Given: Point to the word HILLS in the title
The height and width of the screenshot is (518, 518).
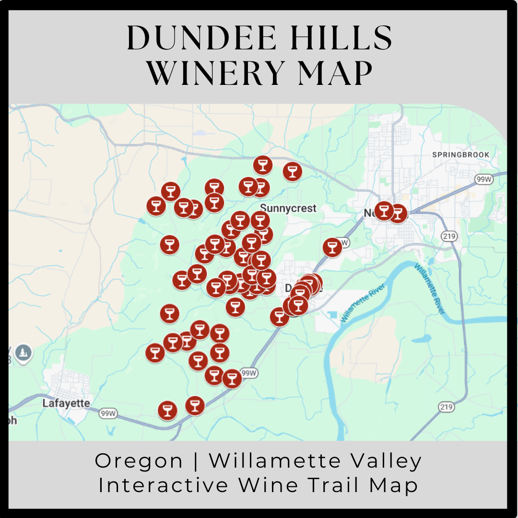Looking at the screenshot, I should (x=341, y=38).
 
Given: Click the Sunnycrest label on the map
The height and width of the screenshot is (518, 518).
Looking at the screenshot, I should (x=288, y=208).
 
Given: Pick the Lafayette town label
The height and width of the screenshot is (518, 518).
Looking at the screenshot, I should (x=66, y=403).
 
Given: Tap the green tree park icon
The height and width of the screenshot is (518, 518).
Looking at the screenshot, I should (x=23, y=353).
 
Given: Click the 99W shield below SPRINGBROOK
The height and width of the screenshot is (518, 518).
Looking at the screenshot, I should (x=483, y=179).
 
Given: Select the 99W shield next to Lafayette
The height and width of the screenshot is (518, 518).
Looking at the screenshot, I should (x=108, y=413).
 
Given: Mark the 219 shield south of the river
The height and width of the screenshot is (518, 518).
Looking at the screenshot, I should (x=446, y=407).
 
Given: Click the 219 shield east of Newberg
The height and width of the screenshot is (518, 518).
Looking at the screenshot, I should (x=449, y=236).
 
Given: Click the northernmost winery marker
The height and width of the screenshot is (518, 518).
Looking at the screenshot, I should (x=262, y=165).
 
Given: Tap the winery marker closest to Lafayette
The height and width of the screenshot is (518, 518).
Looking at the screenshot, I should (x=167, y=410).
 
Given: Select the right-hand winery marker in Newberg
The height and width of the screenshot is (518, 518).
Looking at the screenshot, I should (x=398, y=213).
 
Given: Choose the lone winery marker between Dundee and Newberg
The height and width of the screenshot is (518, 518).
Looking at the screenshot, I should (x=332, y=247).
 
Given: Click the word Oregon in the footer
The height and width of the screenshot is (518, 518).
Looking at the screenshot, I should (x=139, y=461).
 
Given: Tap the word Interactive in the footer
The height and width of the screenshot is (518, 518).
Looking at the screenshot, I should (x=164, y=485).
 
